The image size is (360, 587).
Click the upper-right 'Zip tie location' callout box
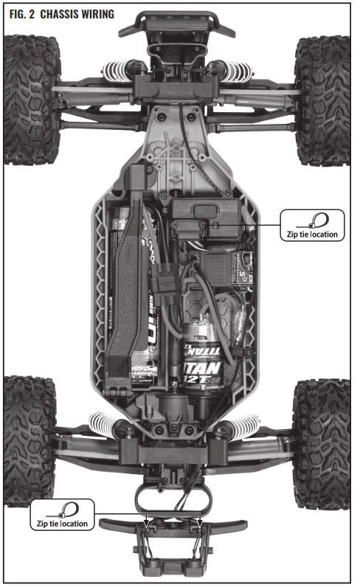point(313,225)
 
